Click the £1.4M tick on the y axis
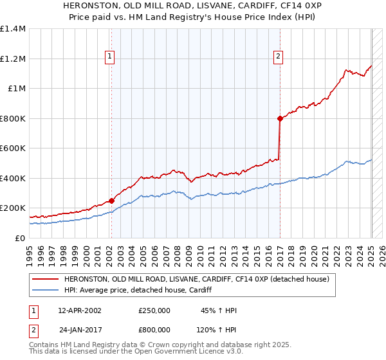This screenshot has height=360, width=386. (13, 29)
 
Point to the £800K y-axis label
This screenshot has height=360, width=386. (13, 118)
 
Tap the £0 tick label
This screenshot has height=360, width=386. (20, 238)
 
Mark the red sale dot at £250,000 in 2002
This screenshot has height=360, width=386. (111, 201)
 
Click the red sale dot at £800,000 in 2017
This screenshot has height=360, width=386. (280, 118)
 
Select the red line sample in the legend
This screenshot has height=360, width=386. (45, 279)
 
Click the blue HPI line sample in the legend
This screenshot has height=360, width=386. (45, 290)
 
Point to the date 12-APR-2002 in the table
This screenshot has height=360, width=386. (80, 310)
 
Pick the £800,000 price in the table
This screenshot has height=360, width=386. (154, 328)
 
